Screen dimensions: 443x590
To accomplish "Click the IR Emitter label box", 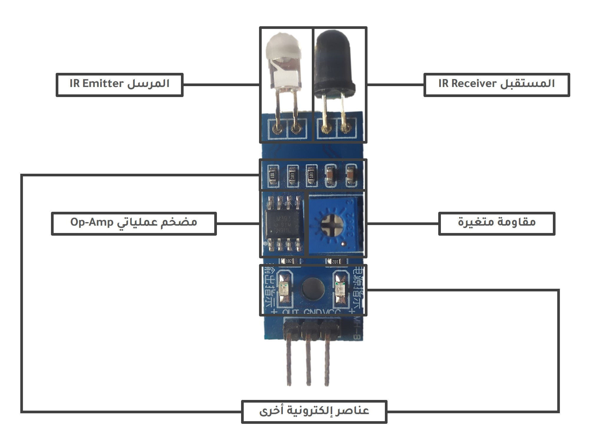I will [x=119, y=85].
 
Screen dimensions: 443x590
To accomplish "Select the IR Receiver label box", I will [x=497, y=85].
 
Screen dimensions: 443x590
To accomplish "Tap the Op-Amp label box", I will [x=134, y=223].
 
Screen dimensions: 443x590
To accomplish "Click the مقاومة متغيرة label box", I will [x=497, y=223].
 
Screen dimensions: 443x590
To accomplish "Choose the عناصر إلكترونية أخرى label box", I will [x=314, y=411].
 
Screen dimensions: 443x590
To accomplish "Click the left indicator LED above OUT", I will [x=285, y=289].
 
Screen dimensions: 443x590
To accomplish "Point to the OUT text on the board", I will [x=291, y=312].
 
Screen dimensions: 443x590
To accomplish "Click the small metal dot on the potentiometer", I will [x=343, y=244].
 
